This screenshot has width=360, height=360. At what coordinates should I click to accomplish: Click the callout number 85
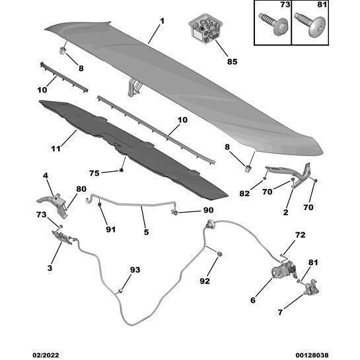point(232,61)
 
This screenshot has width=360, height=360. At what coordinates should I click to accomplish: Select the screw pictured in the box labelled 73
point(273,24)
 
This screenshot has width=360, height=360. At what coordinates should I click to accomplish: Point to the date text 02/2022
point(46,355)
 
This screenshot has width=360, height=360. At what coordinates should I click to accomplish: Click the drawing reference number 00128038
point(312,355)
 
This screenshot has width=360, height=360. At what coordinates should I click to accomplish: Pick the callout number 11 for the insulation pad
point(56,149)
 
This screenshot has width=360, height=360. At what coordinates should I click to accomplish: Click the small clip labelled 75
point(122,170)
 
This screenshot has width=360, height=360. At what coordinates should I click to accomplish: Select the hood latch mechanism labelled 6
point(284,270)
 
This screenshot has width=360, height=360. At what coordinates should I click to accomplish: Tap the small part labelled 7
point(311,287)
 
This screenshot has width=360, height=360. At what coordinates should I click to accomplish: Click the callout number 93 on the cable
point(135,270)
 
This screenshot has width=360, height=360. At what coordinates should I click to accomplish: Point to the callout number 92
point(205,281)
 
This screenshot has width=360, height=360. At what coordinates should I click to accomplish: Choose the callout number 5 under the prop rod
point(146,232)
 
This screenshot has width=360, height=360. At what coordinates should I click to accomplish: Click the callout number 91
point(111,229)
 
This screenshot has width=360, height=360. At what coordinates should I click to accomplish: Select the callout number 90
point(208,210)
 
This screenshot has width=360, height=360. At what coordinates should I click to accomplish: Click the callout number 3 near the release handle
point(50,268)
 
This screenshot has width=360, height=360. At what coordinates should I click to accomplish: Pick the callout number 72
point(301,235)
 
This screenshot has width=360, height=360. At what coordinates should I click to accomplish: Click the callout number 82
point(244,194)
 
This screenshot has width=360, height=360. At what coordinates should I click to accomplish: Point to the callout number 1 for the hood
point(162,21)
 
